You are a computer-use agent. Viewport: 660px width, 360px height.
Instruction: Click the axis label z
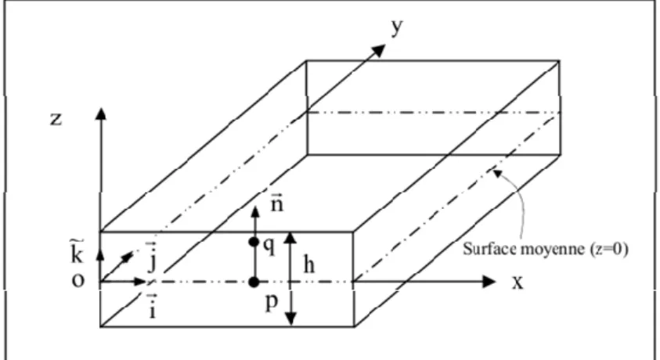(x=56, y=119)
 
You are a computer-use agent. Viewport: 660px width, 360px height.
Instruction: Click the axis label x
(x=518, y=283)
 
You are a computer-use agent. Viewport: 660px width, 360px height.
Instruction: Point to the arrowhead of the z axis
(x=100, y=113)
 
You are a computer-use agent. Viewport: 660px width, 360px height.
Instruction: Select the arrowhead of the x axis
(x=489, y=282)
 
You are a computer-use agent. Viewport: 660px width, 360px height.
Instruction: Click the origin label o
(x=78, y=280)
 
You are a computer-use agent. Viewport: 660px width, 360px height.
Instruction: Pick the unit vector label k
(x=76, y=251)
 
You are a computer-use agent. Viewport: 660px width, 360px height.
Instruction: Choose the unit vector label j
(x=152, y=257)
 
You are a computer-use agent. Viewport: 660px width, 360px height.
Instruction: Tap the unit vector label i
(x=152, y=306)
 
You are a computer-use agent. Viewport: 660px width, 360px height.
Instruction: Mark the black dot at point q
(x=254, y=242)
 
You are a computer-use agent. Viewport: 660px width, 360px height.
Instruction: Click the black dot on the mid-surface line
(x=254, y=282)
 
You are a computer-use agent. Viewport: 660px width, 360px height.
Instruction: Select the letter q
(x=269, y=247)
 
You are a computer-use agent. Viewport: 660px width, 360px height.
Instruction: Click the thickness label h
(x=309, y=265)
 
